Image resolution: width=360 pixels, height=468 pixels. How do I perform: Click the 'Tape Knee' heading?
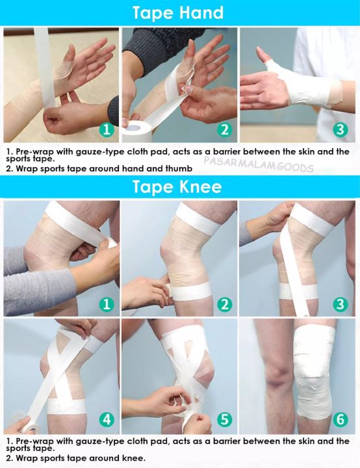pos(177,187)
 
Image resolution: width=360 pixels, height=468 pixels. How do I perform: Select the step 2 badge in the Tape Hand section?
pos(224,129)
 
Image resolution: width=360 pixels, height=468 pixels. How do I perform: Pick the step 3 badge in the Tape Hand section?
pos(341,129)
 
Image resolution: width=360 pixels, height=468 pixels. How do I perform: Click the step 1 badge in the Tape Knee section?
pos(107,304)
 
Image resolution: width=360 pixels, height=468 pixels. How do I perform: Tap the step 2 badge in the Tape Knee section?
pos(224,304)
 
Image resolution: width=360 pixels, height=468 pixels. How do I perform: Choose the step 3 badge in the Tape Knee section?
pos(341,304)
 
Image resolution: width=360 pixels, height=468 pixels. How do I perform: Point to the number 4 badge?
pos(107,419)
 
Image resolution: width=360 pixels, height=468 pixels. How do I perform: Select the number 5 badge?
pos(224,419)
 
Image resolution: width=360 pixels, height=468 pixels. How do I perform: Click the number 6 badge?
pos(341,419)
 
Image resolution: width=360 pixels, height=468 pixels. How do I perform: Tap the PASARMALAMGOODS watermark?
pos(259,167)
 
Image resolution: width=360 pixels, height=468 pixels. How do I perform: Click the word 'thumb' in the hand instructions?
pos(183,170)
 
